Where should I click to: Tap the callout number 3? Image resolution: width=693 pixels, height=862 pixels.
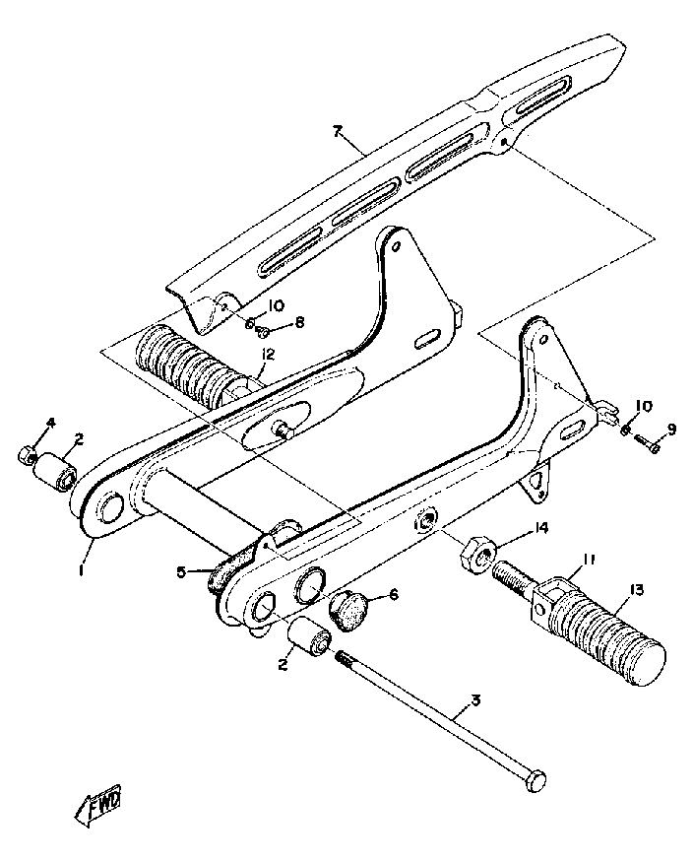pos(475,701)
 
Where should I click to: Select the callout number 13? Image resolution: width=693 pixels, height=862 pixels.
pos(636,590)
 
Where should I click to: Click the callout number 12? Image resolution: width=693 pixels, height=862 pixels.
pos(268,354)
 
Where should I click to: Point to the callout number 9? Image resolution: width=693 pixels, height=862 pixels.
pos(671,429)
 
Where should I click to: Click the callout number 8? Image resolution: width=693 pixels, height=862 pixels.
pos(299,321)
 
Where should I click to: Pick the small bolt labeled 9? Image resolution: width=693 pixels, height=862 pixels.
pos(650,445)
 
